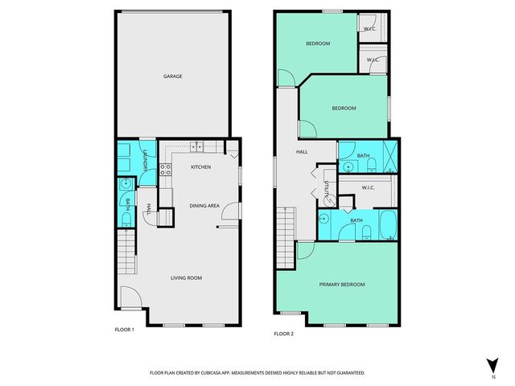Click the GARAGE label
coord(172,76)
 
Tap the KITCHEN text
coord(200,167)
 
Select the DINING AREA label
coord(204,206)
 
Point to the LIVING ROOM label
coord(185,278)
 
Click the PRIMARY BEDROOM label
coord(342,285)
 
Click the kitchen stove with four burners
coord(165,170)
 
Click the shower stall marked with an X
coord(388,155)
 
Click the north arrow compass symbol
coord(492,365)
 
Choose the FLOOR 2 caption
coord(283,333)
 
